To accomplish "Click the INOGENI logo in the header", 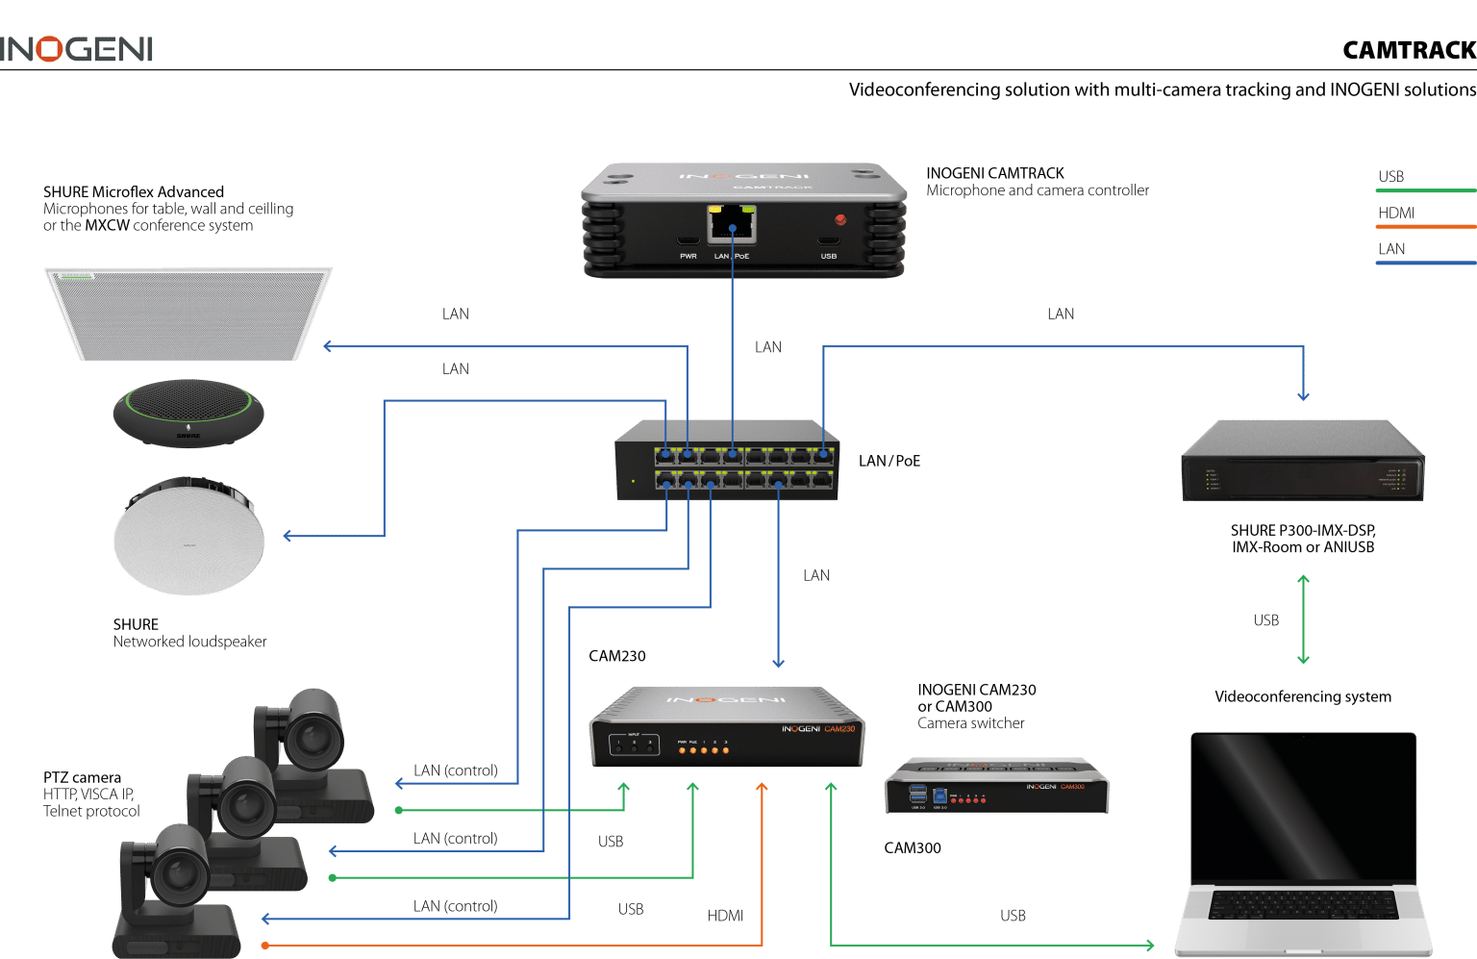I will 77,49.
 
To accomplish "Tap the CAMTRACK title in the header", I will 1409,50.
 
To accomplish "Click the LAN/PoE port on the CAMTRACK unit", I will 732,225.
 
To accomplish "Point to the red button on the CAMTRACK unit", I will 840,220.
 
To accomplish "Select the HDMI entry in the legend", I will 1396,213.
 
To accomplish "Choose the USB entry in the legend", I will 1390,177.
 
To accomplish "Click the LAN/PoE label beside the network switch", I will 889,462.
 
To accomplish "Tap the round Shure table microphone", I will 188,412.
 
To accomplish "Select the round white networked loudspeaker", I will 188,536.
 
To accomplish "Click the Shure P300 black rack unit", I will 1302,462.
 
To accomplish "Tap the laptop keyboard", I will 1303,904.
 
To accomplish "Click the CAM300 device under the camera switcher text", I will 996,786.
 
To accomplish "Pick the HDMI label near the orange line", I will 725,916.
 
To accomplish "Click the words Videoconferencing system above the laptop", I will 1302,696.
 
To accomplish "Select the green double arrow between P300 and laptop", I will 1303,619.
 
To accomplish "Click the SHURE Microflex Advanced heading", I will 134,191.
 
